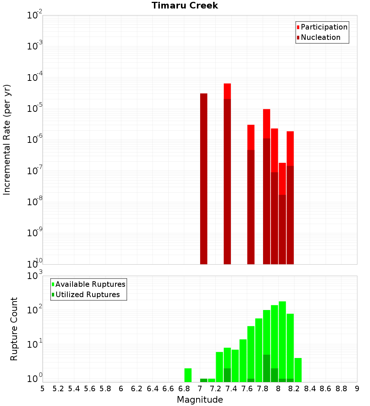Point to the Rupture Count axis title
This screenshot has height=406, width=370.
14,329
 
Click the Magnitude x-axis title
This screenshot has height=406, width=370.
200,400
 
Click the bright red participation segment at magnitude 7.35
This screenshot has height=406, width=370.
227,91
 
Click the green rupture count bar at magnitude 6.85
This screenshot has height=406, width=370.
188,375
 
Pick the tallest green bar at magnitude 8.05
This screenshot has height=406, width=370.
282,332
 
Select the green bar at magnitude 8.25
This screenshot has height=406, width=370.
298,369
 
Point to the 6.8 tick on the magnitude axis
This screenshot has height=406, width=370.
184,389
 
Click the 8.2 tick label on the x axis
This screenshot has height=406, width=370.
294,389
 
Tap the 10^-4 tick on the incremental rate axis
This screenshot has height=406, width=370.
35,78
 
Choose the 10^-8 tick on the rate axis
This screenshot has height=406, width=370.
35,202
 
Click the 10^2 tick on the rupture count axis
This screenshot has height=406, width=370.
36,310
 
